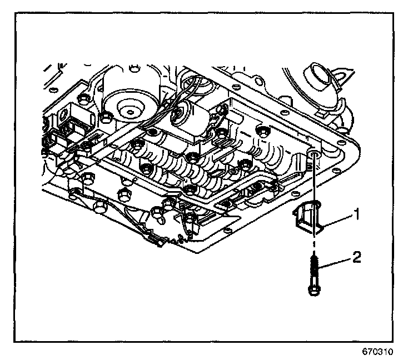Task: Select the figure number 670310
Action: [x=380, y=352]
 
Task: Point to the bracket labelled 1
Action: [x=309, y=220]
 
